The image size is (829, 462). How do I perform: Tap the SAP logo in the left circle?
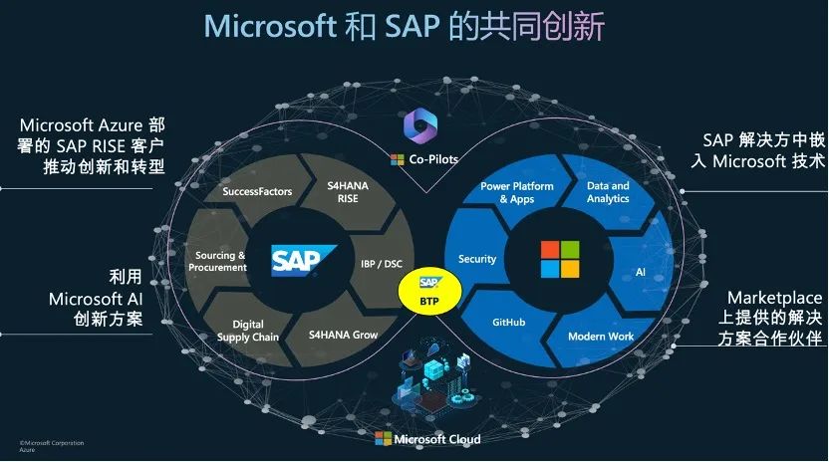click(x=304, y=261)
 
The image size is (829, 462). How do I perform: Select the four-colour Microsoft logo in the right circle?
click(x=559, y=259)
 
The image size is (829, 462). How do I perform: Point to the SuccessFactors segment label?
click(x=257, y=191)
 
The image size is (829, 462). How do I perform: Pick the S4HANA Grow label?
click(x=343, y=335)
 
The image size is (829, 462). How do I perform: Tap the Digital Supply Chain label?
click(x=248, y=331)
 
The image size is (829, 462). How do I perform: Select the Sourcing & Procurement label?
click(x=220, y=261)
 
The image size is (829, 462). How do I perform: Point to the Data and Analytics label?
click(x=608, y=191)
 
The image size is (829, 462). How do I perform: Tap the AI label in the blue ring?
click(x=641, y=272)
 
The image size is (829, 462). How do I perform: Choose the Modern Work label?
click(x=601, y=336)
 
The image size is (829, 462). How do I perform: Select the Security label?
click(x=477, y=259)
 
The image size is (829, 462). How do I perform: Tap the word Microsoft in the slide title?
click(x=270, y=26)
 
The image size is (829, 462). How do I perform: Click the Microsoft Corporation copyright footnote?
click(x=52, y=442)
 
